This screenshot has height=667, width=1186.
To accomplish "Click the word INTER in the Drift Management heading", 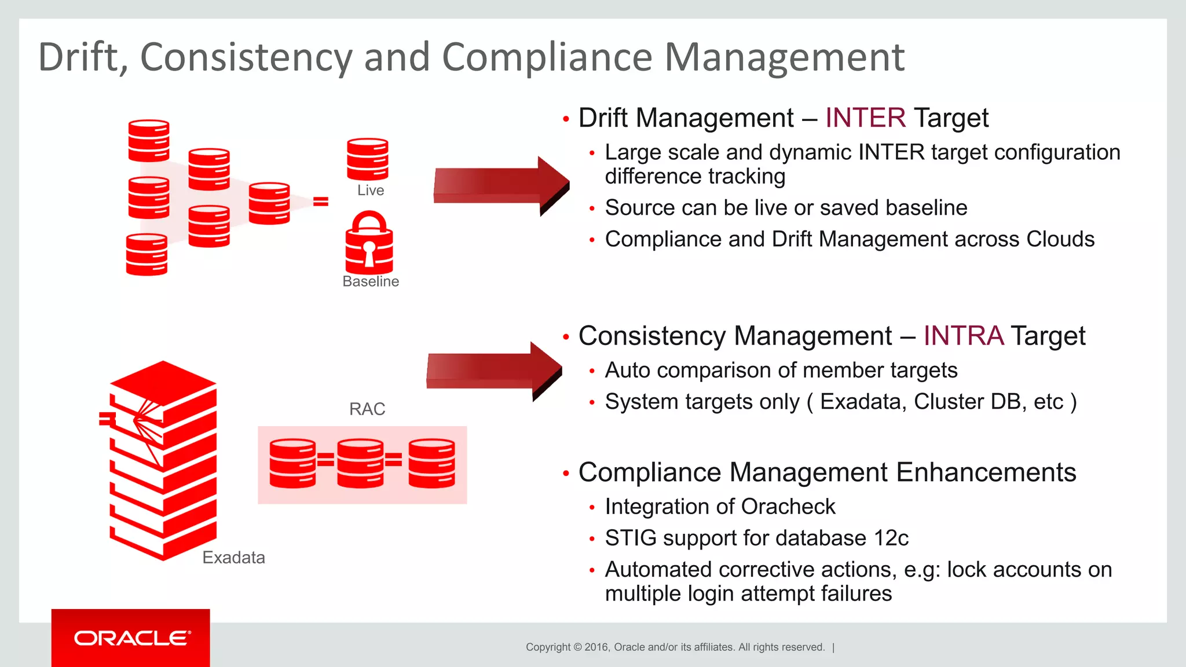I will (x=865, y=118).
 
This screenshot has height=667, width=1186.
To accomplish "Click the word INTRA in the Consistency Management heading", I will (x=963, y=336).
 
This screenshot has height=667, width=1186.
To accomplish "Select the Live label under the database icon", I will (x=370, y=190).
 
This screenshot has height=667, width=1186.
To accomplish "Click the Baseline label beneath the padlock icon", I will (x=371, y=281).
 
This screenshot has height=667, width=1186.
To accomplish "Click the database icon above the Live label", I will (x=367, y=159).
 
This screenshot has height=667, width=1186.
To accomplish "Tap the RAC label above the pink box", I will (x=367, y=409).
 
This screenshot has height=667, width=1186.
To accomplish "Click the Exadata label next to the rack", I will (x=233, y=558).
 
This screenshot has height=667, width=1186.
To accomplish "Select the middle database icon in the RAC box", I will (x=360, y=463).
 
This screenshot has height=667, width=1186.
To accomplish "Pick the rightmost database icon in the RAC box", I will (x=431, y=463).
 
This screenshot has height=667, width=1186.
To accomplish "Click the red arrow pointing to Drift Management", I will (x=500, y=185).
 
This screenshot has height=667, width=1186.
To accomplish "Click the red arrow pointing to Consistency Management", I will (x=493, y=371).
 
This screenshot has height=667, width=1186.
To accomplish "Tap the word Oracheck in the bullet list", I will (x=788, y=507).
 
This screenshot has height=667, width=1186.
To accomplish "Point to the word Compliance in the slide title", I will (x=547, y=58).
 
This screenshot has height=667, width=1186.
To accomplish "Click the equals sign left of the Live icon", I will (x=321, y=201).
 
